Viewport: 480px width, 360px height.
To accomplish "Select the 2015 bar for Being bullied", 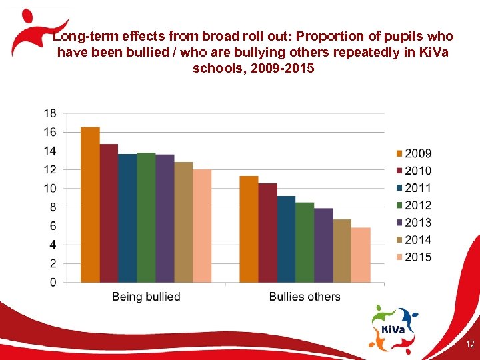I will (x=202, y=226).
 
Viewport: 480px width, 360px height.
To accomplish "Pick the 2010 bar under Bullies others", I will (x=267, y=233).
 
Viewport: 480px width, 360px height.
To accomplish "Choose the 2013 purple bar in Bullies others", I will (x=323, y=245).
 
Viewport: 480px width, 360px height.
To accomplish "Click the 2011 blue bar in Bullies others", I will (x=286, y=239).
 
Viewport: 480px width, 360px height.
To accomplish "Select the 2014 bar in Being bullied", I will (x=183, y=222).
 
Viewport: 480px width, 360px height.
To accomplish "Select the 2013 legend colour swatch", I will (x=399, y=223).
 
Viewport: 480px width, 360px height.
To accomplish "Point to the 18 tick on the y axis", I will (x=50, y=113).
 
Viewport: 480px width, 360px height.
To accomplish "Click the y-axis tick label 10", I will (x=50, y=189).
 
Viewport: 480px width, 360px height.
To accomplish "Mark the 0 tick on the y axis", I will (x=53, y=283).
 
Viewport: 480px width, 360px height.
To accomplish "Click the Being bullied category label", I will (x=146, y=297).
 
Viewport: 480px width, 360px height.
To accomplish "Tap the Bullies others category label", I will (x=305, y=297).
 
